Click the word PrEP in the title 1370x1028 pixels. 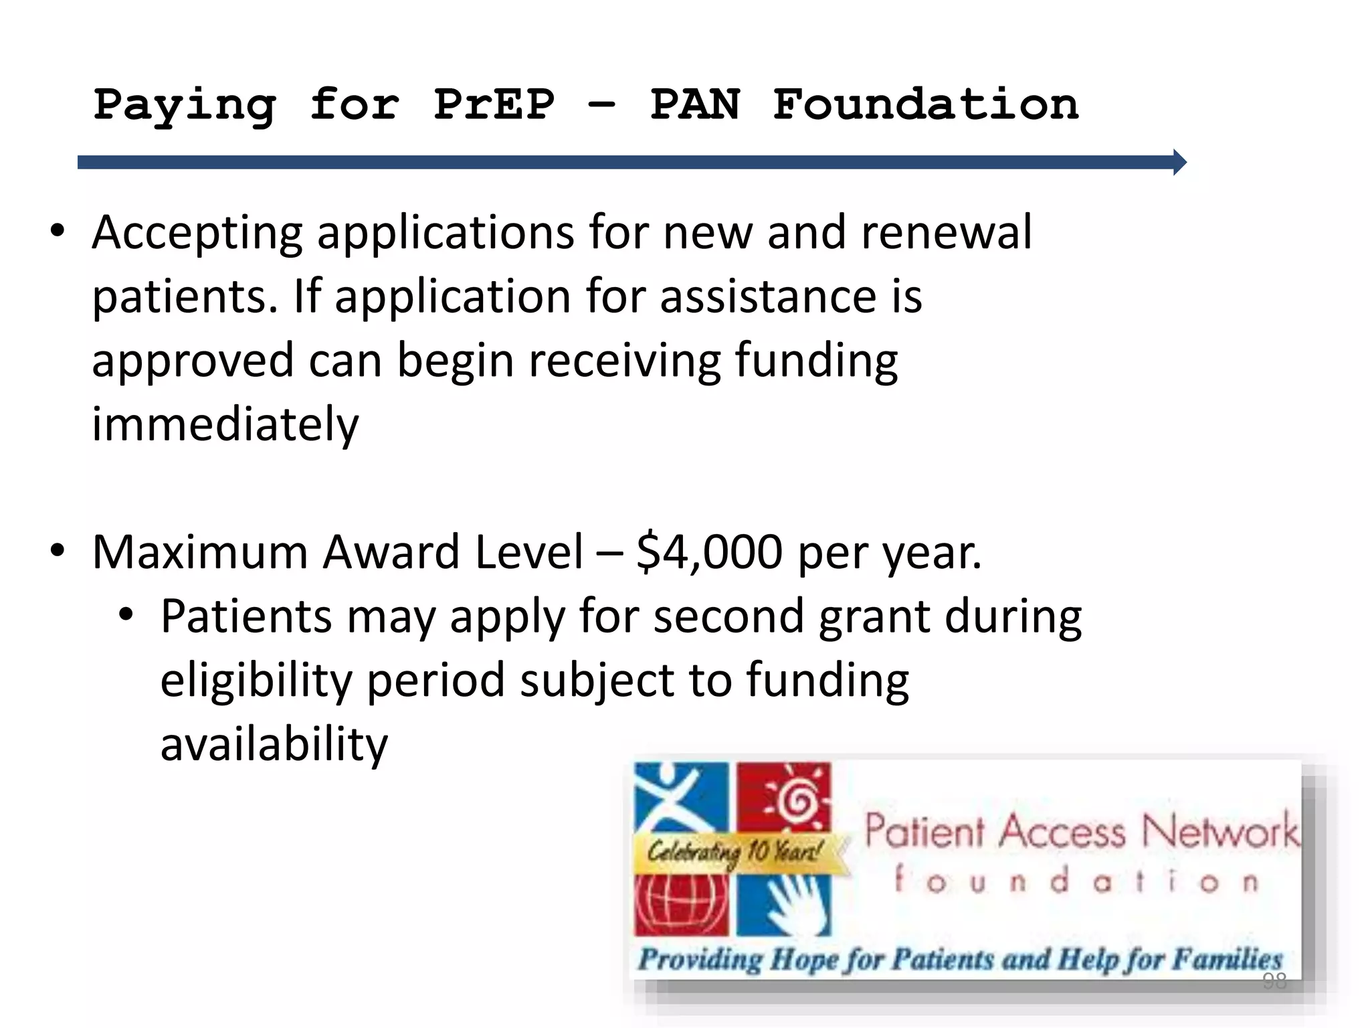pyautogui.click(x=494, y=105)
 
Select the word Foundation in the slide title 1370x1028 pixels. pyautogui.click(x=925, y=105)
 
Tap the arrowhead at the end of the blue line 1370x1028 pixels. pyautogui.click(x=1179, y=162)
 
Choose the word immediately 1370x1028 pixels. pyautogui.click(x=225, y=424)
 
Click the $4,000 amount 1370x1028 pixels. pyautogui.click(x=709, y=552)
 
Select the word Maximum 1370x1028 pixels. pyautogui.click(x=200, y=552)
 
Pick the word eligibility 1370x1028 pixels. pyautogui.click(x=256, y=680)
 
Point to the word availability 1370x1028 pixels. pyautogui.click(x=274, y=744)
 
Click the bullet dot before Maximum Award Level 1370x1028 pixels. pyautogui.click(x=58, y=550)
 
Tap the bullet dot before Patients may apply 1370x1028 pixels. pyautogui.click(x=126, y=614)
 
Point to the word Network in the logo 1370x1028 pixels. pyautogui.click(x=1219, y=832)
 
